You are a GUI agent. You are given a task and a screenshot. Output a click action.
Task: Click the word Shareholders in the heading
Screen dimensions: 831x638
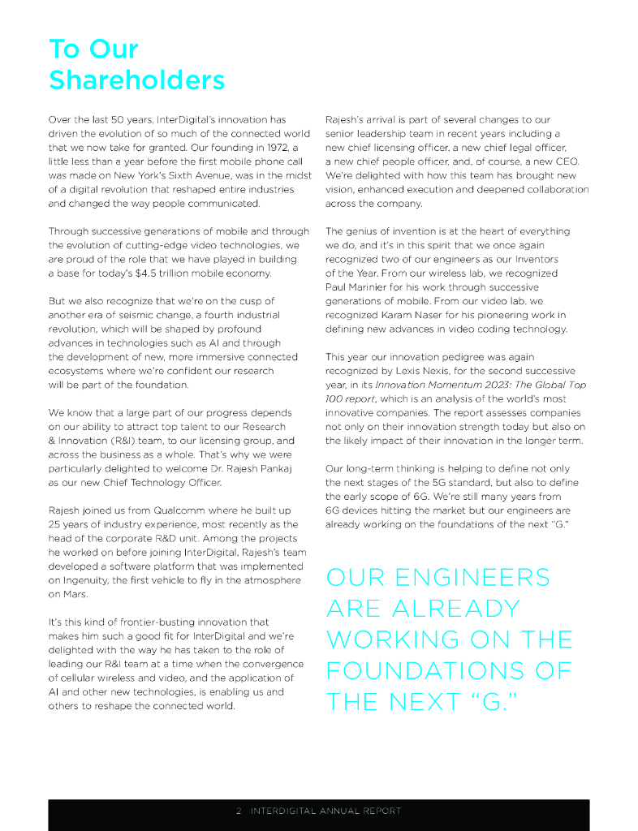[x=136, y=80]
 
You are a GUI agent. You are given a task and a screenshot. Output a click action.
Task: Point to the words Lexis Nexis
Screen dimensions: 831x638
[x=415, y=371]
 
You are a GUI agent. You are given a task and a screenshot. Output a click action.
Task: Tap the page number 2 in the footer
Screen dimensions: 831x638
[x=239, y=811]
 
